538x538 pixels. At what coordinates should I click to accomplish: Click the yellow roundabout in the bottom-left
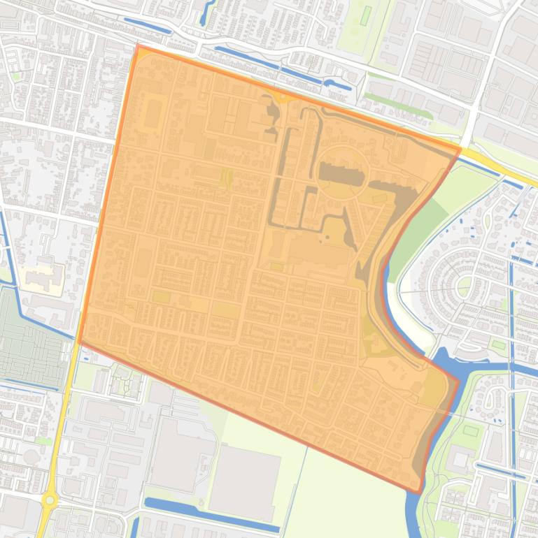[49, 500]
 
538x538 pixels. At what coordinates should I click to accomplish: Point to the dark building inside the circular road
[341, 173]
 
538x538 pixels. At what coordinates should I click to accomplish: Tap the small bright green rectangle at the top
[366, 15]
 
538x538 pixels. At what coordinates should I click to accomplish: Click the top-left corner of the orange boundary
[138, 46]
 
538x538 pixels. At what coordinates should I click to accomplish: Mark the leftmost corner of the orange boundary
[80, 342]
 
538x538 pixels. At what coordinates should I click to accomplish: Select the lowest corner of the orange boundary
[420, 493]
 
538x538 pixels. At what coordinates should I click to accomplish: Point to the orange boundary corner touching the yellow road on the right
[460, 148]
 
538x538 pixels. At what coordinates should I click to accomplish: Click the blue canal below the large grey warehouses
[210, 516]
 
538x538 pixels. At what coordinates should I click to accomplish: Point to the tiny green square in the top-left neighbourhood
[15, 76]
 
